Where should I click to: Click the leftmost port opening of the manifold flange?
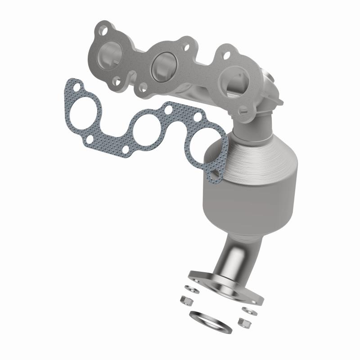click(111, 55)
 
